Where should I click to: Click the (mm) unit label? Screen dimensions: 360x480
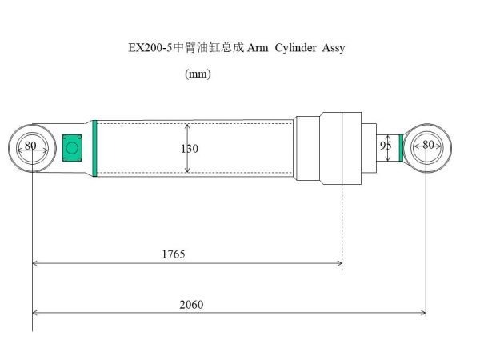(197, 74)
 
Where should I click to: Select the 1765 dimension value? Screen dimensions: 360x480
(173, 254)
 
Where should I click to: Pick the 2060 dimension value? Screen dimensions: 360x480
(192, 304)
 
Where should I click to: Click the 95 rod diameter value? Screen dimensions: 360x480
(386, 146)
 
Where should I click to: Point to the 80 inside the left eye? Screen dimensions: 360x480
(30, 146)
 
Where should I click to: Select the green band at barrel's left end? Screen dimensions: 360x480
(95, 147)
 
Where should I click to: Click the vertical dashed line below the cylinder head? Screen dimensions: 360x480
(342, 224)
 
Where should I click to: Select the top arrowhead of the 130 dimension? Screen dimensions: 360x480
(188, 126)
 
